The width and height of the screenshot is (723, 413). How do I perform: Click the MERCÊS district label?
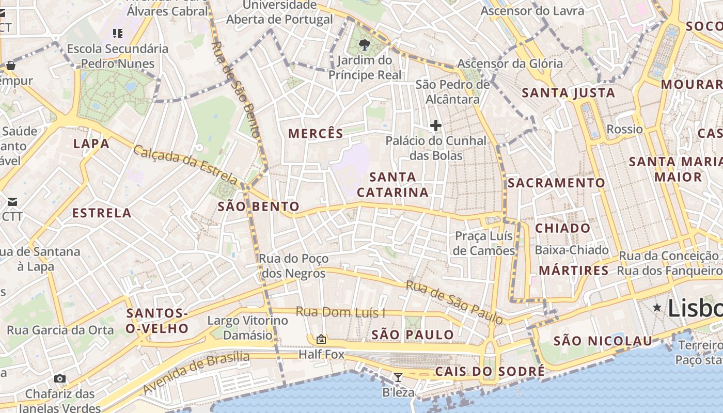tap(316, 134)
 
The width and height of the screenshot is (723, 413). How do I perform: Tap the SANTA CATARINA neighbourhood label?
tap(393, 185)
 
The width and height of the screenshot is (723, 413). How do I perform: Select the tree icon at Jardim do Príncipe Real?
tap(365, 44)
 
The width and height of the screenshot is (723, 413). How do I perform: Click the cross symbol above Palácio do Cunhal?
tap(436, 125)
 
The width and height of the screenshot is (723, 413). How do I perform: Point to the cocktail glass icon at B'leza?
tap(398, 377)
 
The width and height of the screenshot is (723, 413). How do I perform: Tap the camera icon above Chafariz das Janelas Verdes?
tap(60, 379)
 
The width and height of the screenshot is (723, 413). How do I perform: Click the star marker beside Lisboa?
tap(657, 308)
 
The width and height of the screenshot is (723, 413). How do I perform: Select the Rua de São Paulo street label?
tap(454, 303)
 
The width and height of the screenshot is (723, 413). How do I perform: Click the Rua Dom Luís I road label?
tap(340, 312)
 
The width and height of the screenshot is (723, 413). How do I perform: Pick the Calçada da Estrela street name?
tap(186, 165)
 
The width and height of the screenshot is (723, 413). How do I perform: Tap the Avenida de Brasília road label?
tap(196, 371)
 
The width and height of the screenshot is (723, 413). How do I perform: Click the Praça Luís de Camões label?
tap(484, 243)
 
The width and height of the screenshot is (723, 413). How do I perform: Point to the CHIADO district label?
tap(562, 228)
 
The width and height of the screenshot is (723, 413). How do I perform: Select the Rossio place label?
tap(625, 129)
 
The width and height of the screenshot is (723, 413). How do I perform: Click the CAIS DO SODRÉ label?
tap(490, 371)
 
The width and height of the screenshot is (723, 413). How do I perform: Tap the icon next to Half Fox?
tap(321, 339)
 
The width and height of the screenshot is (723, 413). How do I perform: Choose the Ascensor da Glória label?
tap(510, 63)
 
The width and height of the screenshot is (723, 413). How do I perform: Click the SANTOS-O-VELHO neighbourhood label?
tap(158, 321)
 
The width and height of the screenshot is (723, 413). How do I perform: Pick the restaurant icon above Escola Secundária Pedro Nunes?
tap(118, 34)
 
